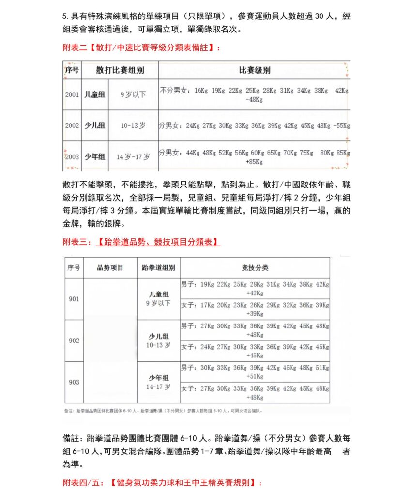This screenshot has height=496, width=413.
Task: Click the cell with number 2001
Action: (x=72, y=94)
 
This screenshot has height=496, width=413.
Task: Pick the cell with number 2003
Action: (x=72, y=156)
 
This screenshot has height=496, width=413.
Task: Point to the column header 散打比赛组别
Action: (x=120, y=70)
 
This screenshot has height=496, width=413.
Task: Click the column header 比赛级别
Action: (x=255, y=70)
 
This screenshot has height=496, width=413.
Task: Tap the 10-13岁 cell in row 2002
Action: (x=133, y=125)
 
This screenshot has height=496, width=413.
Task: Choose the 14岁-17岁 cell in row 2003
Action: (x=133, y=156)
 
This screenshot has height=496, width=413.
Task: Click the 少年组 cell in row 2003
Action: (x=95, y=156)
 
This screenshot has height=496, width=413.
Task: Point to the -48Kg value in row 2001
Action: (x=255, y=100)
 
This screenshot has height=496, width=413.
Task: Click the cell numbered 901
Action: (x=74, y=299)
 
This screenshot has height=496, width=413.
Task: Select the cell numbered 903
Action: (x=74, y=382)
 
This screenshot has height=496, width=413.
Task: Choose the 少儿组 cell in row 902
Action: (x=159, y=336)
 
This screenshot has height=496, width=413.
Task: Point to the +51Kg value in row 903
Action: (x=255, y=376)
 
